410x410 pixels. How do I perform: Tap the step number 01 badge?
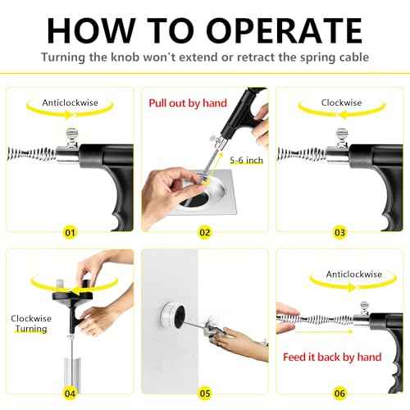(x=70, y=232)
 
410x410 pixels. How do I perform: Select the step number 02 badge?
(x=205, y=232)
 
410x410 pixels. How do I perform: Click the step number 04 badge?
(x=70, y=392)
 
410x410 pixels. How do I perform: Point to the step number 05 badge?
(x=205, y=392)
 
